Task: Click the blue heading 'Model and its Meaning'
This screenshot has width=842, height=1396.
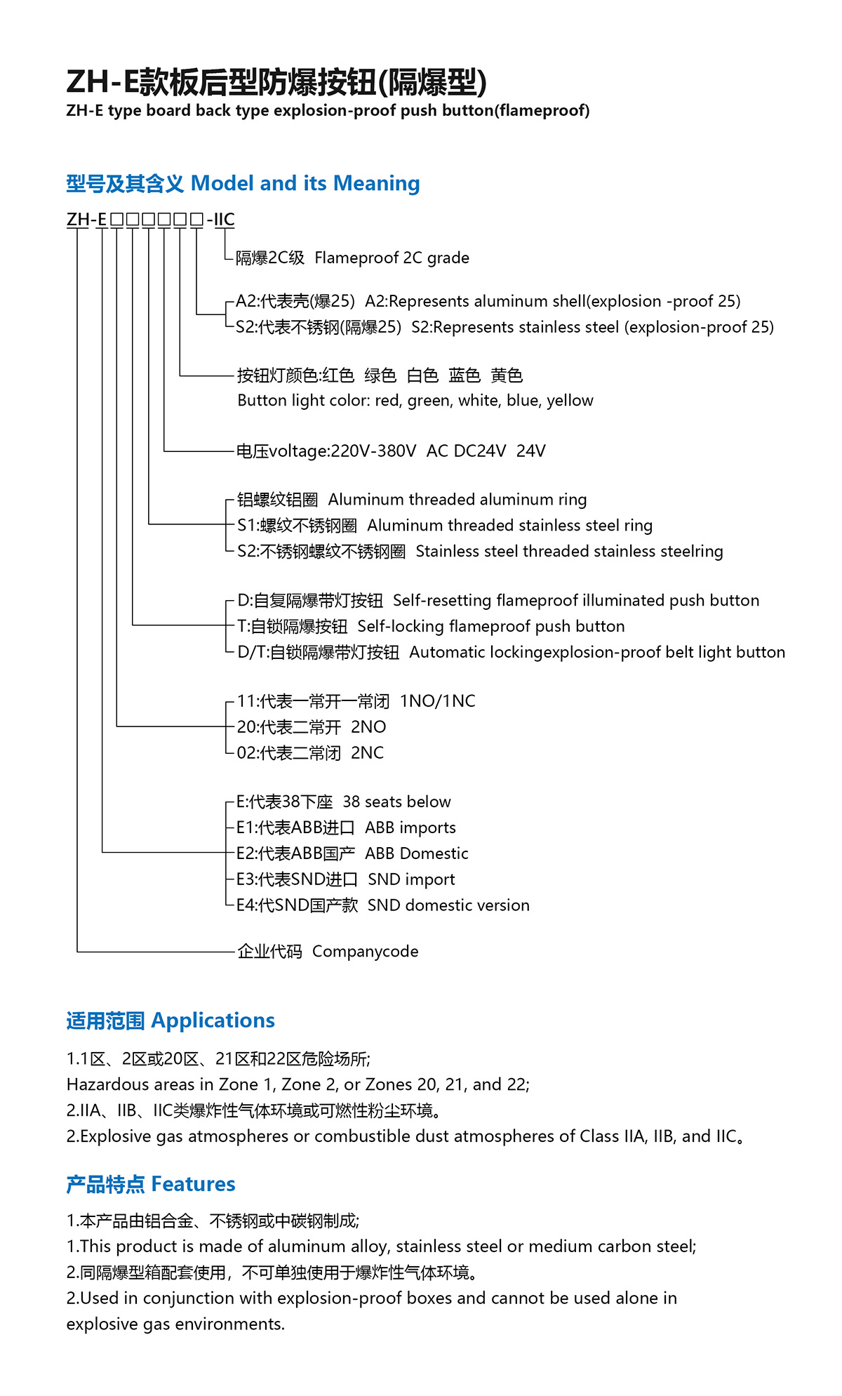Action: tap(305, 184)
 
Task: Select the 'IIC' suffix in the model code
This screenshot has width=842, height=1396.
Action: tap(225, 220)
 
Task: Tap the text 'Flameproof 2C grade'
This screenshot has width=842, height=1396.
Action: tap(392, 258)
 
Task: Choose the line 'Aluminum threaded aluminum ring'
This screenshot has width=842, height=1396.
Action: tap(457, 500)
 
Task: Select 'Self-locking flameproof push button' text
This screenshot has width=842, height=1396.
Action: tap(490, 627)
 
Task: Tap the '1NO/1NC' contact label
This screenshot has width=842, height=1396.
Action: tap(437, 701)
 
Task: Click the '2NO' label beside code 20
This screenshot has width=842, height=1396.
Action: tap(368, 727)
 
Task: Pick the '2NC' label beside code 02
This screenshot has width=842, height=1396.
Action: tap(367, 753)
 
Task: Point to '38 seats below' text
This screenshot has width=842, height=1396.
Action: tap(396, 802)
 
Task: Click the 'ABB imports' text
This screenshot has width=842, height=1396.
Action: tap(410, 828)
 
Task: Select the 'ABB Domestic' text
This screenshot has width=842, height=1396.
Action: tap(416, 854)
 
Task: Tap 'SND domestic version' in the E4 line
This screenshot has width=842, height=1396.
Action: tap(448, 905)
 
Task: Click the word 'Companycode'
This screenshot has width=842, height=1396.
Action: tap(365, 952)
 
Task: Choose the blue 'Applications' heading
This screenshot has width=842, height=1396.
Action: tap(213, 1021)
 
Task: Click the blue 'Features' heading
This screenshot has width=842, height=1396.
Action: tap(193, 1184)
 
